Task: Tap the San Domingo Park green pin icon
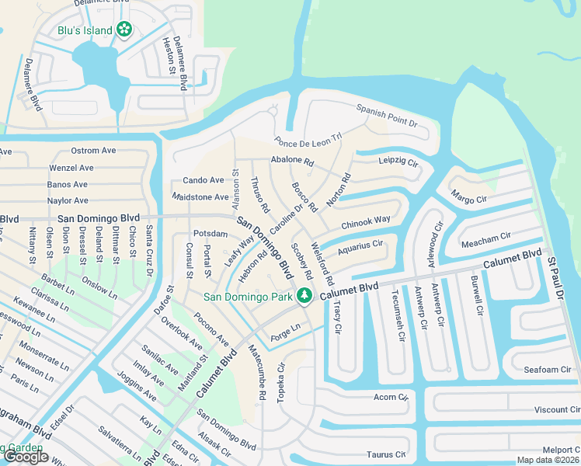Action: (306, 295)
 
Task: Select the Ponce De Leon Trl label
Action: (308, 141)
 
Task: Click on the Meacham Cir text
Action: (486, 235)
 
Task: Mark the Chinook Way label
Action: (365, 221)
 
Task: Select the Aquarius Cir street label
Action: (361, 244)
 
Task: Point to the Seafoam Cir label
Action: (547, 370)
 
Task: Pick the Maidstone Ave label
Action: (200, 197)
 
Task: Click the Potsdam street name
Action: (210, 234)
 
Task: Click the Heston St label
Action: (167, 56)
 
